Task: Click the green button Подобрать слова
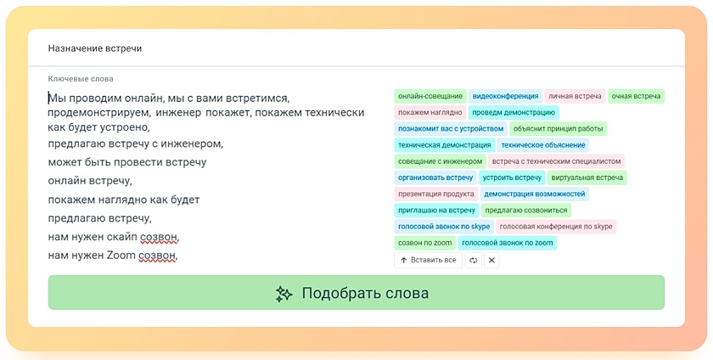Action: tap(356, 293)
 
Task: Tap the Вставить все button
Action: tap(428, 261)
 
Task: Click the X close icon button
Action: tap(491, 261)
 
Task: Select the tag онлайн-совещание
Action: tap(430, 96)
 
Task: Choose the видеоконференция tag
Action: tap(505, 96)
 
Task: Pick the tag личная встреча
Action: tap(575, 96)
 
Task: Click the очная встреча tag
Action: tap(636, 96)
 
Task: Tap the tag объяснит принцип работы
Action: tap(558, 129)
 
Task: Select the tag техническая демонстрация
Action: tap(444, 145)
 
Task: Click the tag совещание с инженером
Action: tap(440, 161)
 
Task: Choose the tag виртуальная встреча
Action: tap(587, 177)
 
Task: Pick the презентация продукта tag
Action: tap(435, 194)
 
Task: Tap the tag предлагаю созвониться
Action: tap(526, 211)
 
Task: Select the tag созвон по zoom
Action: tap(424, 243)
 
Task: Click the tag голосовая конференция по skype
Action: tap(556, 226)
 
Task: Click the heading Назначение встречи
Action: tap(95, 48)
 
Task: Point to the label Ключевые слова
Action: tap(81, 79)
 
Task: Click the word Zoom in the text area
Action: tap(121, 256)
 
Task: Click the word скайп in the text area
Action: tap(123, 237)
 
